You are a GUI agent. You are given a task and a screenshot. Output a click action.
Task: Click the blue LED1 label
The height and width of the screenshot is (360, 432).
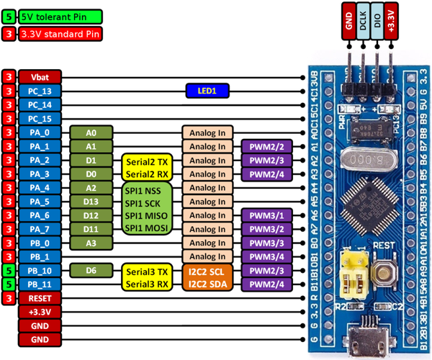[207, 91]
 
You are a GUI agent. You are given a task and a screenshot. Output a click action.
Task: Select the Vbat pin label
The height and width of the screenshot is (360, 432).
[40, 77]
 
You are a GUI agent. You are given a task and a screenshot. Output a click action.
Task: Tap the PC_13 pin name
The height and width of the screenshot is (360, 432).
[40, 91]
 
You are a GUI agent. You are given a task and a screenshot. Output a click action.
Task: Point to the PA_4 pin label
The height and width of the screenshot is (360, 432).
[40, 188]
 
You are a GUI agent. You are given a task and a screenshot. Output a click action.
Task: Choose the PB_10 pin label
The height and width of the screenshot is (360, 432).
[40, 271]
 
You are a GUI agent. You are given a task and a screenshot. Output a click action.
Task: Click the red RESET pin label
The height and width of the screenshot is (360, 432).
[40, 298]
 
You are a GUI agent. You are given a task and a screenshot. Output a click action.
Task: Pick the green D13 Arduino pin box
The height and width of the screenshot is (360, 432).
[91, 202]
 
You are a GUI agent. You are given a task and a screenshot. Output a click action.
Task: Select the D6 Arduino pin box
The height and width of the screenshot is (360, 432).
[91, 271]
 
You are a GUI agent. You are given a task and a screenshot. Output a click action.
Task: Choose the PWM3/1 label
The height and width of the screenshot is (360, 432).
[266, 215]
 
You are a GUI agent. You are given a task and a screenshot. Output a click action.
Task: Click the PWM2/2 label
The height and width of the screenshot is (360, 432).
[266, 146]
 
